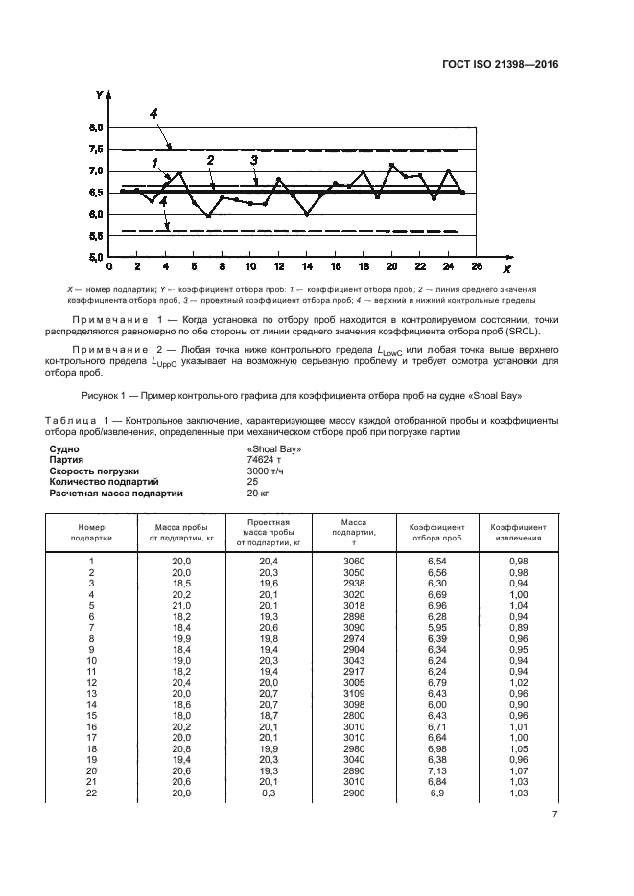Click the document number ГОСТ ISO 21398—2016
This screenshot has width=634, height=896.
(513, 65)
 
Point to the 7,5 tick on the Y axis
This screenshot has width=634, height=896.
(96, 149)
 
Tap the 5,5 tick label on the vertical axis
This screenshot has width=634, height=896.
(96, 236)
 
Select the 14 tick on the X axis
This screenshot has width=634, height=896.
(307, 265)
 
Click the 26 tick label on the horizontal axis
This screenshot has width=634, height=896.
(477, 265)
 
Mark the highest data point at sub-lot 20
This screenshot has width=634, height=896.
(391, 165)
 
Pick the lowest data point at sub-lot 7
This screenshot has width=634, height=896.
(208, 217)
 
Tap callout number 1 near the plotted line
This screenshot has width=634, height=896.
(153, 163)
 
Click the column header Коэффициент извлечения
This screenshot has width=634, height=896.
(519, 532)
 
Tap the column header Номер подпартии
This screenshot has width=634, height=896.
(90, 532)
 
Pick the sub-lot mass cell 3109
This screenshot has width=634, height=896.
(354, 692)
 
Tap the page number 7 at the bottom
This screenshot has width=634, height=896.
(554, 816)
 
